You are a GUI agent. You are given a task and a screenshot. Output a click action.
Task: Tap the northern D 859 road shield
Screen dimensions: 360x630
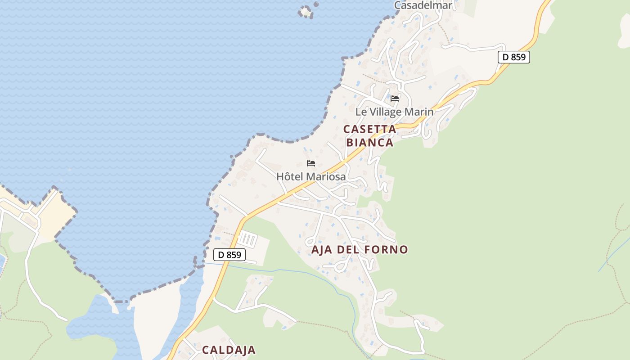pyautogui.click(x=513, y=57)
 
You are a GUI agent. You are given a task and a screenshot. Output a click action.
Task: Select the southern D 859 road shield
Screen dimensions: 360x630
pyautogui.click(x=229, y=255)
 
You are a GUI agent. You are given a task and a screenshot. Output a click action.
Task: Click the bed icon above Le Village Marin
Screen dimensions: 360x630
pyautogui.click(x=395, y=99)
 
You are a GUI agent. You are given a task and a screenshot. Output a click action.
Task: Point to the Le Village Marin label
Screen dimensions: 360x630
pyautogui.click(x=394, y=112)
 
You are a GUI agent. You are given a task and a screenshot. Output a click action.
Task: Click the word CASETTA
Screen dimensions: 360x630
pyautogui.click(x=369, y=129)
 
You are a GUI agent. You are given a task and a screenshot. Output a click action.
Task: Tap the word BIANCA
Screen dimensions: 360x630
pyautogui.click(x=369, y=142)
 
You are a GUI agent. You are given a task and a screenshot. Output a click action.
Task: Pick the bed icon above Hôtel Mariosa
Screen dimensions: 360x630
pyautogui.click(x=310, y=163)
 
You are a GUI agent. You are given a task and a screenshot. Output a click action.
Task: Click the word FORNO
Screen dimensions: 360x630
pyautogui.click(x=386, y=249)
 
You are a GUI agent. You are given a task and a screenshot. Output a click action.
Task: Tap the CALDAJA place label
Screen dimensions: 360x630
pyautogui.click(x=229, y=350)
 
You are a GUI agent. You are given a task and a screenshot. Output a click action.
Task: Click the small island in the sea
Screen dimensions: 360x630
pyautogui.click(x=306, y=11)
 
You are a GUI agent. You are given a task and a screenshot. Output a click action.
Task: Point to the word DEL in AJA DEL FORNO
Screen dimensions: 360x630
pyautogui.click(x=349, y=249)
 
